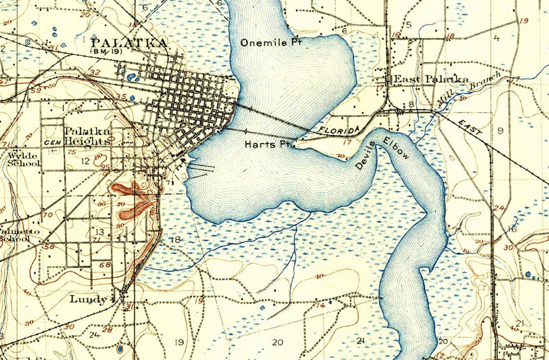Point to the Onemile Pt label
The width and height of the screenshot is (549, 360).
click(x=271, y=42)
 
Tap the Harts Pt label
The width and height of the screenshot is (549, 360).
click(x=266, y=144)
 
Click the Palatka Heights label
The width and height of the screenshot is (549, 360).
click(x=87, y=136)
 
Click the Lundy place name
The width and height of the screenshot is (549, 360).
click(x=88, y=299)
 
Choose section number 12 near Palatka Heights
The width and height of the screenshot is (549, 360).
click(x=86, y=161)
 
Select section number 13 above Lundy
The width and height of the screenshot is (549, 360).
click(x=100, y=232)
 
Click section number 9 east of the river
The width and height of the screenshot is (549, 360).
click(x=500, y=130)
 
